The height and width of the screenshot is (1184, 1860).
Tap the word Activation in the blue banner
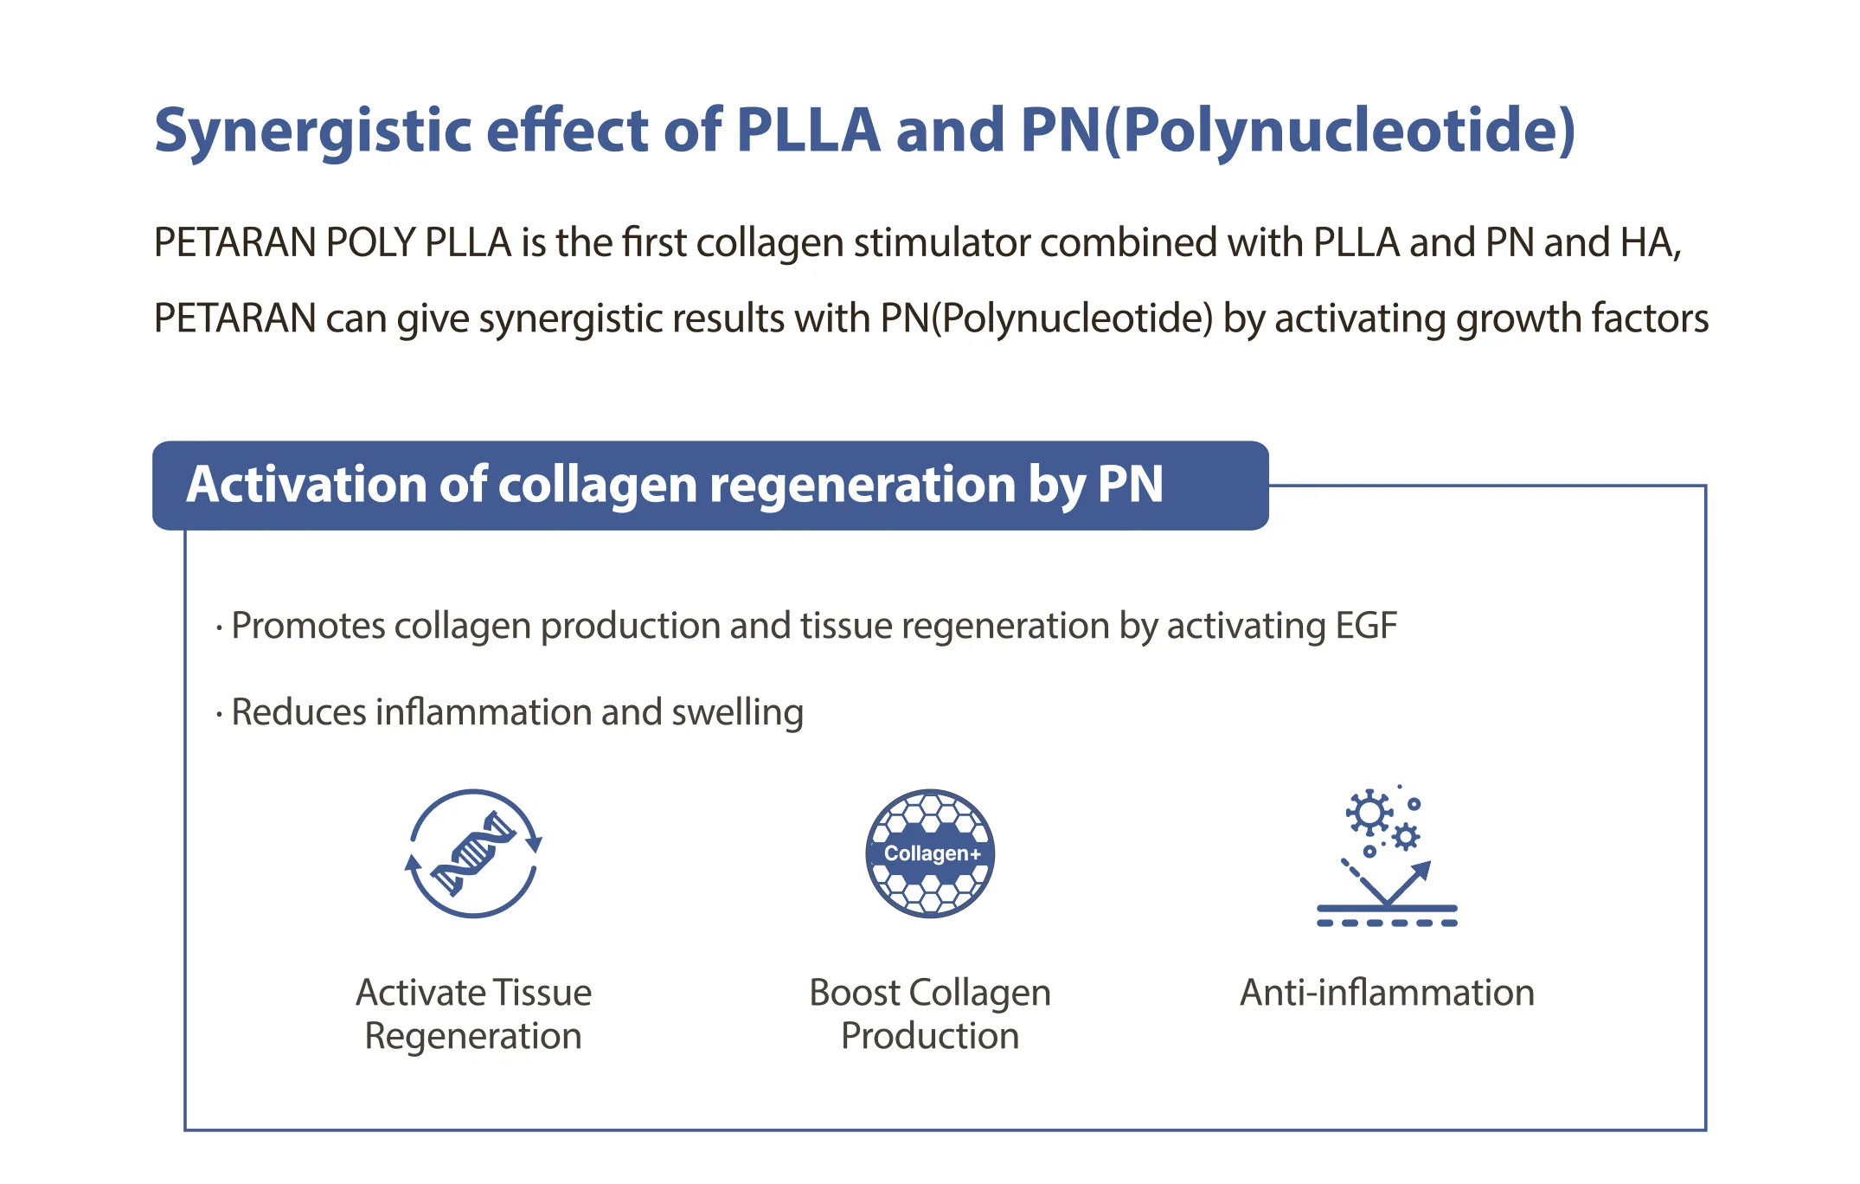click(306, 484)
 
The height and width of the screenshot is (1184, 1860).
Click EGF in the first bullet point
click(1366, 626)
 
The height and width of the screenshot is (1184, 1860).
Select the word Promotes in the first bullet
click(308, 627)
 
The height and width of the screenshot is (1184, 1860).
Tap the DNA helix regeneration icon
click(473, 853)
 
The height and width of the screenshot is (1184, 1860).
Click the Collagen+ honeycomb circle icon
click(930, 853)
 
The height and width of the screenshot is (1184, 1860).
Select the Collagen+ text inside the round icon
click(932, 854)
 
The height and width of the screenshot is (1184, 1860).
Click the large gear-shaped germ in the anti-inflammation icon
click(1369, 813)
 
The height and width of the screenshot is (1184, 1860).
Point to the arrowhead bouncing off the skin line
click(1421, 870)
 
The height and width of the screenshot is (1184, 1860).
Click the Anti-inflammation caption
click(1387, 993)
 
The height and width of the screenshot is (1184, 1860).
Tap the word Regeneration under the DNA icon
click(473, 1037)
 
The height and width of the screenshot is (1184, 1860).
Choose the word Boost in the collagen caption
click(854, 993)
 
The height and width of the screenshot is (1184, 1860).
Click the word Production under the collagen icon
click(930, 1036)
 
